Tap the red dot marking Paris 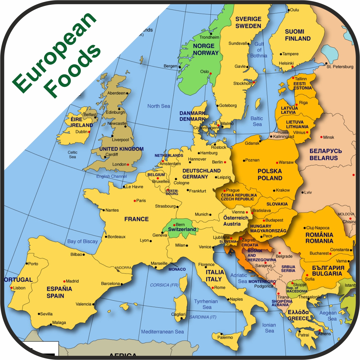pos(135,201)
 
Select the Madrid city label pos(72,281)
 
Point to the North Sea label pos(158,106)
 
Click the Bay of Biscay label pos(82,241)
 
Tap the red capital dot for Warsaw pos(277,163)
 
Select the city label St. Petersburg pos(340,67)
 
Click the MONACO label pos(177,269)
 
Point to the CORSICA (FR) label pos(164,285)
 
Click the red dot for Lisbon pos(12,288)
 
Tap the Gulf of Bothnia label pos(259,50)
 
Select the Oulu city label pos(294,10)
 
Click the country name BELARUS pos(324,158)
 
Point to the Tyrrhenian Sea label pos(206,304)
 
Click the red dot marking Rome pos(213,288)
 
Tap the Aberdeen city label pos(116,93)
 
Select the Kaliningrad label pos(283,137)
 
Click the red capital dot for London pos(128,164)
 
